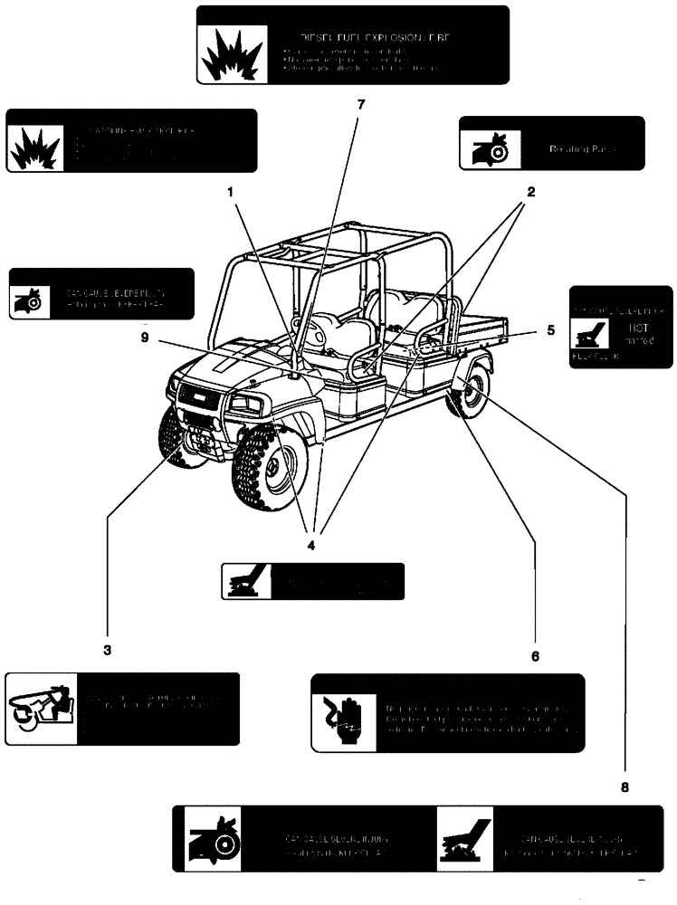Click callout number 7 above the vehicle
tap(361, 104)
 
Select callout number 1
tap(231, 192)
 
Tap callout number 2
tap(531, 192)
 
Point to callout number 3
tap(107, 650)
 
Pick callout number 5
tap(549, 331)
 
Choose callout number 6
tap(535, 655)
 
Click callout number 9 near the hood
tap(146, 340)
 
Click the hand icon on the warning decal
tap(336, 714)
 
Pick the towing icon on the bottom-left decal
tap(42, 708)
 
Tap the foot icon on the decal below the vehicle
tap(246, 581)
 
